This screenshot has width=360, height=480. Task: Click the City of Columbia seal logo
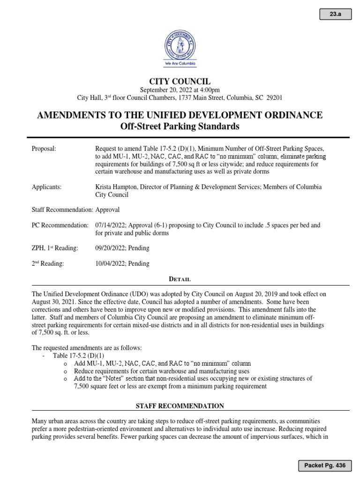pyautogui.click(x=180, y=43)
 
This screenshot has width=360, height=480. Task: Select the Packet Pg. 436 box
pyautogui.click(x=325, y=465)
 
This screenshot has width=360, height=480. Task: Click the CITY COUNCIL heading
pyautogui.click(x=180, y=82)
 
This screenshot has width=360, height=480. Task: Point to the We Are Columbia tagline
pyautogui.click(x=180, y=63)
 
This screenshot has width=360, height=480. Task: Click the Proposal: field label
pyautogui.click(x=44, y=149)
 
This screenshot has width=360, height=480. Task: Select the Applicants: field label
pyautogui.click(x=46, y=187)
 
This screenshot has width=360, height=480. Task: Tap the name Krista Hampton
pyautogui.click(x=115, y=187)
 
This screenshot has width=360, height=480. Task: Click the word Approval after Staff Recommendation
pyautogui.click(x=107, y=210)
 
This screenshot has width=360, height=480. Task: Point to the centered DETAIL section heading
pyautogui.click(x=180, y=279)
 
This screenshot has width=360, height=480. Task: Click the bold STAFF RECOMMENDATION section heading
pyautogui.click(x=180, y=405)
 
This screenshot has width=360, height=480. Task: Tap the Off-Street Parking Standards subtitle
pyautogui.click(x=180, y=127)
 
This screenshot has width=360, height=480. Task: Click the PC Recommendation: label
pyautogui.click(x=60, y=225)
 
